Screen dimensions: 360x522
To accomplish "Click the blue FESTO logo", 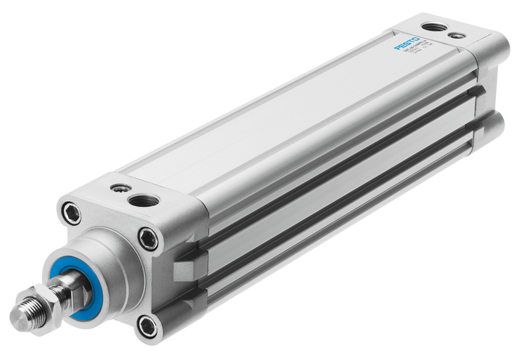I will point(407,43).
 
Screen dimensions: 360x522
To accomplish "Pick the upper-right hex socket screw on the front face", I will point(148,239).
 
